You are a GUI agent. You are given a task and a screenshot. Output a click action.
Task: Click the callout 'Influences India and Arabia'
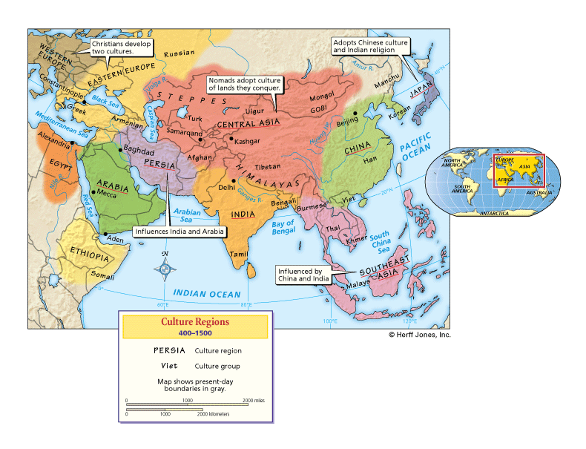tap(179, 231)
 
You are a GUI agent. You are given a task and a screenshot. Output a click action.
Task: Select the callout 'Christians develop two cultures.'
tap(122, 47)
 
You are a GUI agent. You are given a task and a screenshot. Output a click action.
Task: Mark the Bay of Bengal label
tap(283, 227)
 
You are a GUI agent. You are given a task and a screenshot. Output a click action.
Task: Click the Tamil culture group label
tap(239, 255)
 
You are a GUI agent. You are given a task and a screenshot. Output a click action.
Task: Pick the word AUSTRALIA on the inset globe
tap(539, 193)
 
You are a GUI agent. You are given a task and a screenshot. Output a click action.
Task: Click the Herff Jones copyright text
tap(419, 335)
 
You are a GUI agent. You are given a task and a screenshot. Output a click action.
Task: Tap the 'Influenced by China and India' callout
tap(303, 275)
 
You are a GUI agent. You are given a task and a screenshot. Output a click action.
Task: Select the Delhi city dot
tap(234, 180)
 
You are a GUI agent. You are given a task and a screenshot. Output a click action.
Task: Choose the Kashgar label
tap(247, 140)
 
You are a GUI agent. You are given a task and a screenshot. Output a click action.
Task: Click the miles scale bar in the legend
tap(194, 404)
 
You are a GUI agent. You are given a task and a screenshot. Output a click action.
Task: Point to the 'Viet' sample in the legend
tap(168, 365)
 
